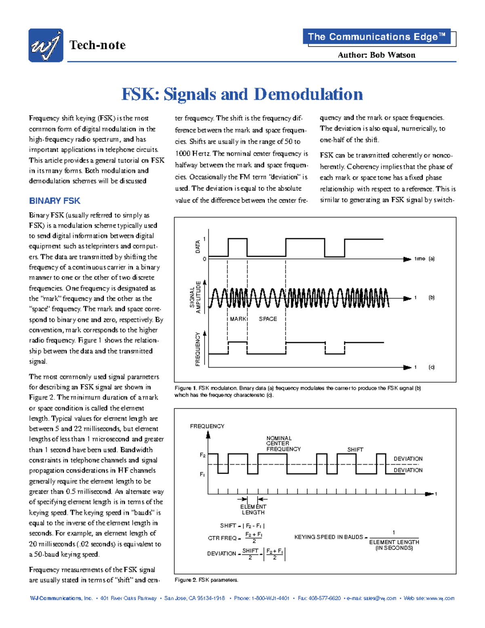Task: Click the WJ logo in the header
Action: click(46, 45)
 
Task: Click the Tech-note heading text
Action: click(97, 45)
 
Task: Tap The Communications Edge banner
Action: click(376, 37)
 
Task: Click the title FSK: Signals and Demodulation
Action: click(242, 94)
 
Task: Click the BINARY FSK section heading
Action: click(55, 201)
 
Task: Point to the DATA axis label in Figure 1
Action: click(198, 247)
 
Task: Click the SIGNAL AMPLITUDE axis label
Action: click(195, 297)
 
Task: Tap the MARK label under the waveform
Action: click(238, 319)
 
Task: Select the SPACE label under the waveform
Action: click(268, 319)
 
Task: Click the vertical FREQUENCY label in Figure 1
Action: click(198, 349)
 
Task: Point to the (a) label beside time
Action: click(431, 259)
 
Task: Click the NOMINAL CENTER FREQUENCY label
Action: click(283, 444)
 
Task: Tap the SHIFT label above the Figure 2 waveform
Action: click(355, 450)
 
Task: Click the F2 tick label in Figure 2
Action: click(202, 455)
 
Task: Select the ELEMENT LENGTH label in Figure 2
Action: click(253, 510)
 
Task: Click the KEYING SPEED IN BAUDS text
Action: click(329, 537)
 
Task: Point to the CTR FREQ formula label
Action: click(222, 538)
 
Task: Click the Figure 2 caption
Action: click(206, 580)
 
